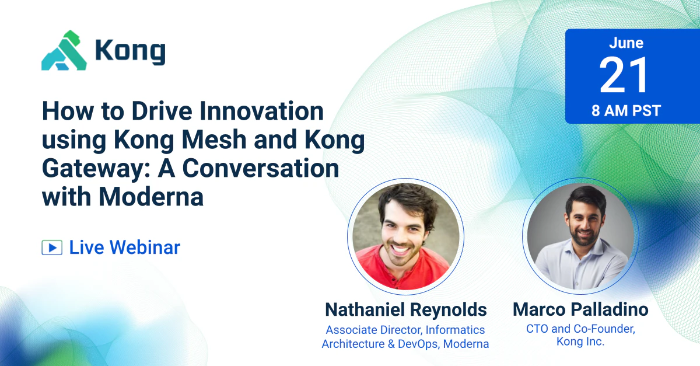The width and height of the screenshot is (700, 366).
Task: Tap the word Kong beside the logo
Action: pyautogui.click(x=130, y=51)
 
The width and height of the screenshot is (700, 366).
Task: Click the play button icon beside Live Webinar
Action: pyautogui.click(x=52, y=248)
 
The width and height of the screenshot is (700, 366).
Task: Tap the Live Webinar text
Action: pyautogui.click(x=124, y=248)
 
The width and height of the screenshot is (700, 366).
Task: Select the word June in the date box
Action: pyautogui.click(x=626, y=43)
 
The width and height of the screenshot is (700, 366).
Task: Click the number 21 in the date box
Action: pyautogui.click(x=625, y=76)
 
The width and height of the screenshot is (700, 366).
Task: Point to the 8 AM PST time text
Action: pyautogui.click(x=626, y=111)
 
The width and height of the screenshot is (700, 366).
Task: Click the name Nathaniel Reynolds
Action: pyautogui.click(x=405, y=309)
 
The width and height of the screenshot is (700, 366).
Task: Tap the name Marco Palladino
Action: pyautogui.click(x=580, y=309)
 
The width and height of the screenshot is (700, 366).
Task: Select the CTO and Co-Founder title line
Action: pyautogui.click(x=580, y=329)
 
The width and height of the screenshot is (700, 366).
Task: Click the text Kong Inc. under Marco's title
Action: pyautogui.click(x=580, y=343)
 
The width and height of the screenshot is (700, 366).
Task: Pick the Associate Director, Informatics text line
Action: pyautogui.click(x=405, y=330)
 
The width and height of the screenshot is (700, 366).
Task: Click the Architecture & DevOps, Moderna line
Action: pyautogui.click(x=405, y=344)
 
